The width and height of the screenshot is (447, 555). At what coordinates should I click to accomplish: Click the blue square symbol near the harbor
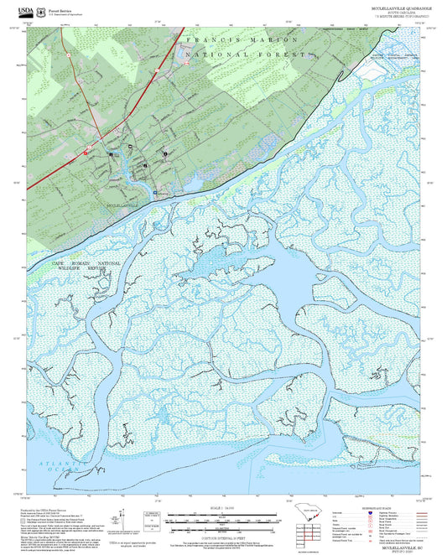154,191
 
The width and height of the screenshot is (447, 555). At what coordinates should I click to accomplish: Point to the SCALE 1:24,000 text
223,508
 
